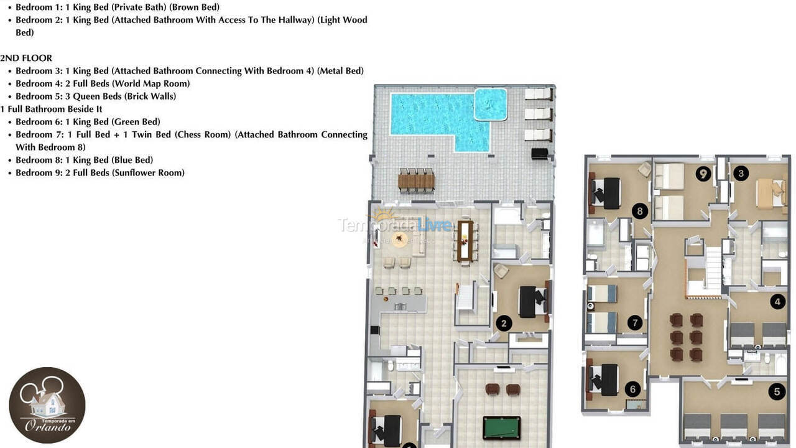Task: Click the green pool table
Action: click(501, 427)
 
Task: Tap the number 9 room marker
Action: click(703, 174)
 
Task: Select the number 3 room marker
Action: click(740, 174)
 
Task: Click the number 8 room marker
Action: click(640, 211)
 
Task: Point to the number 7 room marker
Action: click(634, 322)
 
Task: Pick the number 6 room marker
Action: click(632, 390)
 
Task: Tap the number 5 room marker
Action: click(776, 391)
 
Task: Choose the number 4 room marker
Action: click(777, 302)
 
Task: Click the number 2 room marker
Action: click(504, 323)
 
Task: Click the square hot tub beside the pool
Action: click(491, 104)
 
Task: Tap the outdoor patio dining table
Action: click(416, 181)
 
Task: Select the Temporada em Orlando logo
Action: click(47, 405)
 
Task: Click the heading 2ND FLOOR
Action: click(26, 58)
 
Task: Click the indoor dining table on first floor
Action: click(465, 240)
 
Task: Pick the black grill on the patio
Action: click(539, 153)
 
